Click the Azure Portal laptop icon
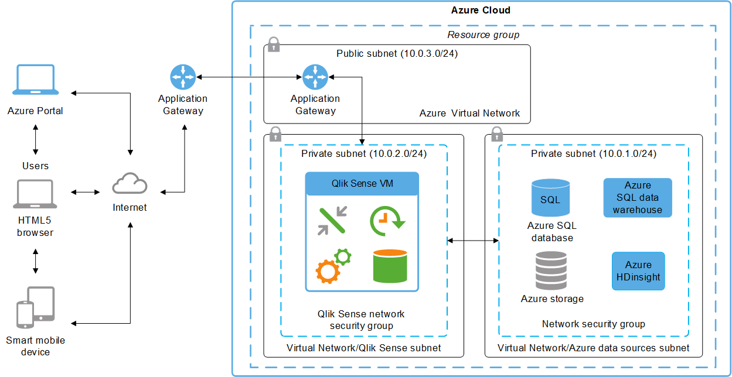tap(36, 80)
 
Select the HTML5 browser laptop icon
tap(36, 194)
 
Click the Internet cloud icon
tap(130, 184)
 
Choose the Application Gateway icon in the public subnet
tap(315, 77)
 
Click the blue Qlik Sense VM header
tap(362, 183)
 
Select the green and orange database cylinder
tap(390, 265)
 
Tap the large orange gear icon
tap(326, 271)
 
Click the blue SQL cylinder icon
tap(550, 198)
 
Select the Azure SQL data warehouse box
tap(638, 198)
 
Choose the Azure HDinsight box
tap(638, 271)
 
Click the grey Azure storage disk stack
tap(551, 270)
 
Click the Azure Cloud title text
tap(481, 10)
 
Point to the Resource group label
tap(483, 35)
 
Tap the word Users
tap(36, 166)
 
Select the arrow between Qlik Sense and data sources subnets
tap(473, 240)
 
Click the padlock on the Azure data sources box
tap(496, 135)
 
